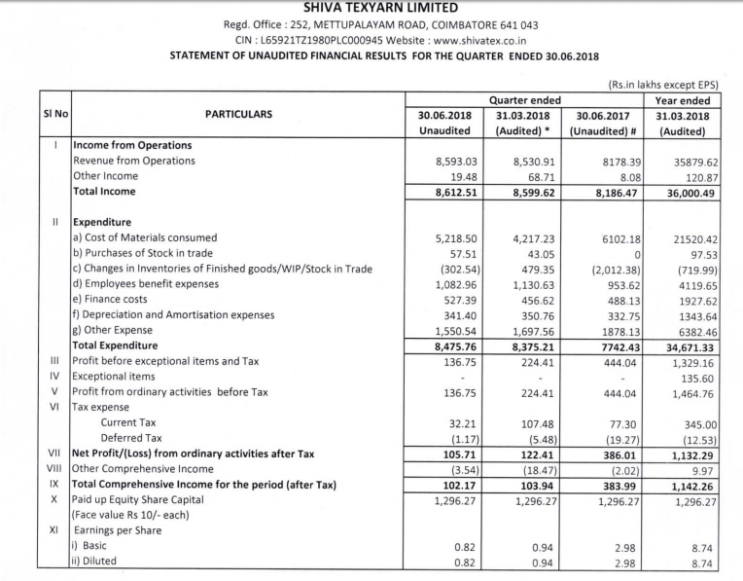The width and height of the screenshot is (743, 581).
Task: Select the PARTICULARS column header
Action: (238, 115)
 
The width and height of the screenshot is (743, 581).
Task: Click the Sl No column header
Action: (54, 115)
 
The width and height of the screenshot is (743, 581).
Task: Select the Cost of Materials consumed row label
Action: (145, 237)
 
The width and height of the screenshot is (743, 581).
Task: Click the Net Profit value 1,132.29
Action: (688, 454)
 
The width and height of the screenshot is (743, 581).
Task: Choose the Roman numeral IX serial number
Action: (56, 484)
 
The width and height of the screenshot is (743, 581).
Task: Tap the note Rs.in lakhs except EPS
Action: (661, 85)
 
